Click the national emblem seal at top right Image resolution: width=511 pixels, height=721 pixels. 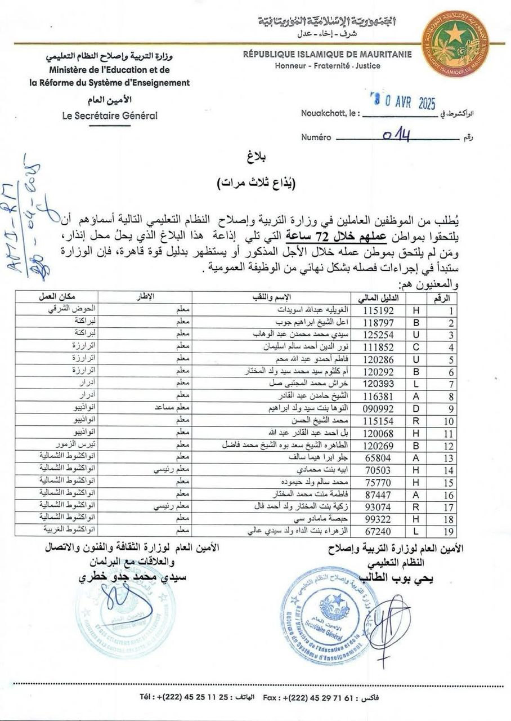pyautogui.click(x=455, y=44)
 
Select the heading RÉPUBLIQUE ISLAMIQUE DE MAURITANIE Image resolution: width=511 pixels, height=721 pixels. pyautogui.click(x=327, y=55)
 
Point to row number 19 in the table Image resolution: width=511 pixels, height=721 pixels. pyautogui.click(x=442, y=531)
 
